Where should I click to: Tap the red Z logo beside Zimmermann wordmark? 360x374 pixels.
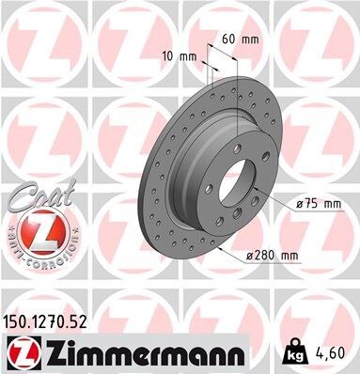coord(23,354)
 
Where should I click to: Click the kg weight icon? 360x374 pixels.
coord(293,354)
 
